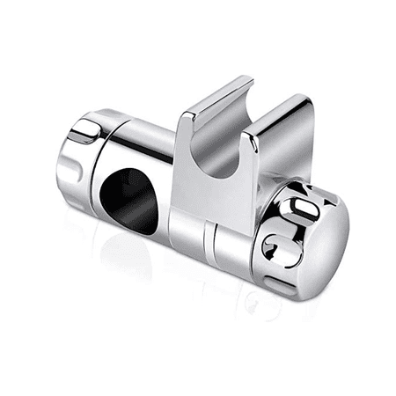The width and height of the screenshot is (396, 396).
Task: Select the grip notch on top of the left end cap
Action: [81, 132]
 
